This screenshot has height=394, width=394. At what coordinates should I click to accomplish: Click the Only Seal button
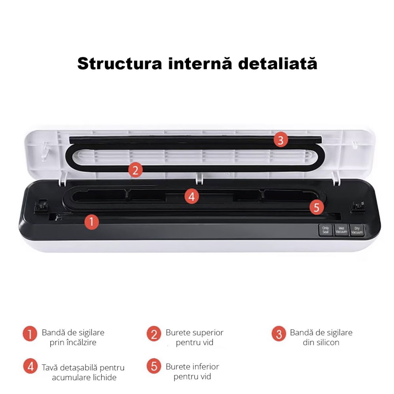(325, 230)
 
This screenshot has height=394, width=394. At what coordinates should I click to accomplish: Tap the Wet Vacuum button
(341, 230)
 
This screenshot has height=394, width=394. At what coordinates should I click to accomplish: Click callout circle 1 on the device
(91, 222)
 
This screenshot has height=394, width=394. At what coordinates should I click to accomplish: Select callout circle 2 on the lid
(135, 170)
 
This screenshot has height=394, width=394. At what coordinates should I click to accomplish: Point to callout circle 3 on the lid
(281, 140)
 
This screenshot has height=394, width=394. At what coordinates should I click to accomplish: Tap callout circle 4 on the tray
(191, 196)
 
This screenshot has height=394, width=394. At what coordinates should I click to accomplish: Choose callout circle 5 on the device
(317, 207)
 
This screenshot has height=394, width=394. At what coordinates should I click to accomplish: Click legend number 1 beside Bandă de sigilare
(30, 334)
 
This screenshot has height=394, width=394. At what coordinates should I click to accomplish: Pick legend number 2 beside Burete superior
(154, 334)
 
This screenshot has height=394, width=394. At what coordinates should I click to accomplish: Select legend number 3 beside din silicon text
(279, 334)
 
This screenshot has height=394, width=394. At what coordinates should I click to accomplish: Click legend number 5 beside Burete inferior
(154, 366)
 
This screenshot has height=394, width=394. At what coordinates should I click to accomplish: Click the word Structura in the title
(119, 63)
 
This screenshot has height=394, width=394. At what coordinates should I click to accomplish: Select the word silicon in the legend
(327, 342)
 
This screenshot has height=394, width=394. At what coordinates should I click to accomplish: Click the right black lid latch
(357, 206)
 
